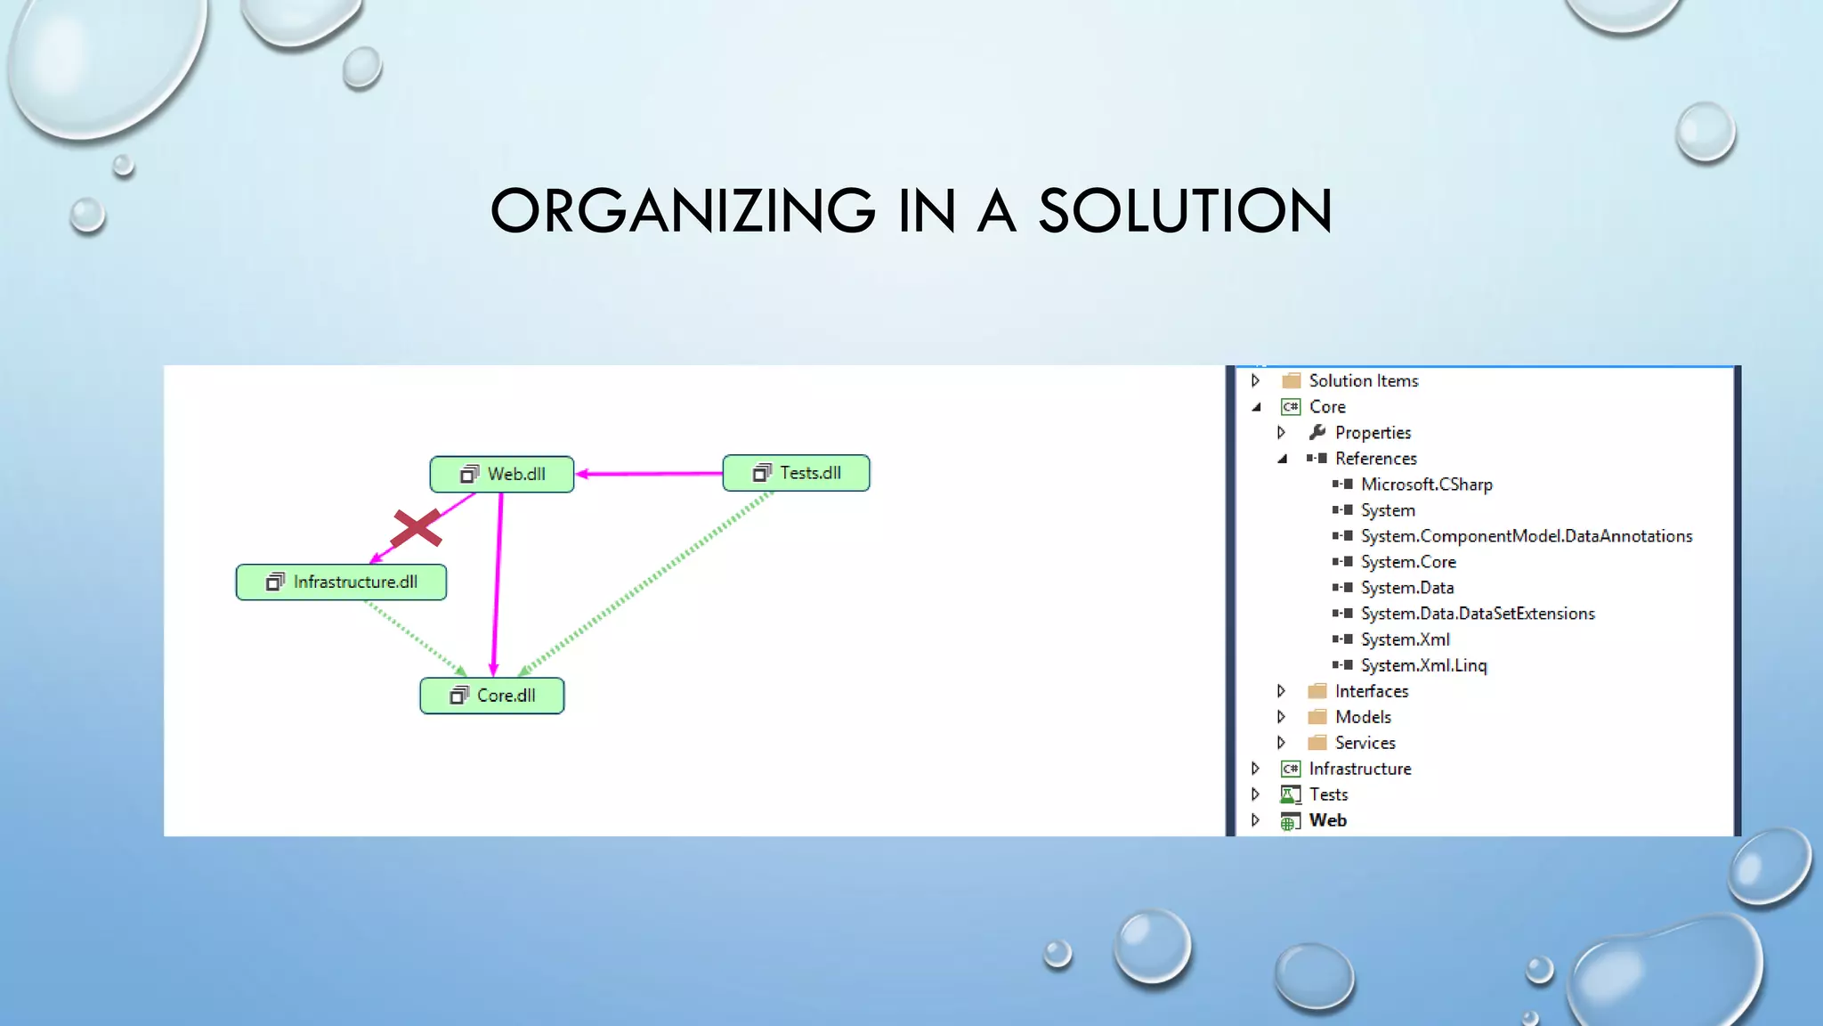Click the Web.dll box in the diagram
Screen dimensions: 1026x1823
[x=502, y=474]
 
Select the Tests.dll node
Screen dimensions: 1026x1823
[x=797, y=473]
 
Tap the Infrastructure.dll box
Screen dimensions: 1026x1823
[x=341, y=582]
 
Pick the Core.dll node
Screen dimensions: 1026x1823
[x=492, y=696]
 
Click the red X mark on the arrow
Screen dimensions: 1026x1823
[x=416, y=527]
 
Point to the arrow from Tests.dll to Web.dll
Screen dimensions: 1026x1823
[x=650, y=474]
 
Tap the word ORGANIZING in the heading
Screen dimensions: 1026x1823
[x=683, y=211]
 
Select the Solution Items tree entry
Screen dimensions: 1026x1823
[x=1363, y=381]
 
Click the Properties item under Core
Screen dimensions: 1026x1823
[x=1373, y=433]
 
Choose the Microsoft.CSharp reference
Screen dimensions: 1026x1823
[x=1426, y=484]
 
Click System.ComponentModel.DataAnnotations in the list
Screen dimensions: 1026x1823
[x=1526, y=536]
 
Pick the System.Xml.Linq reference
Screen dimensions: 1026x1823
[x=1423, y=665]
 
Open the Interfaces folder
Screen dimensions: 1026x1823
[x=1371, y=691]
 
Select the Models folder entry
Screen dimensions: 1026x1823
[x=1363, y=717]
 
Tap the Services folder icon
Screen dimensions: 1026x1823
[x=1317, y=743]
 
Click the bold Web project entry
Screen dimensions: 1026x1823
[x=1327, y=820]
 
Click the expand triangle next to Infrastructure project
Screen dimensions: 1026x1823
[x=1255, y=769]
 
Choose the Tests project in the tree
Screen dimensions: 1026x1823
[x=1328, y=794]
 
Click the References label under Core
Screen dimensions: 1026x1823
[x=1375, y=459]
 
